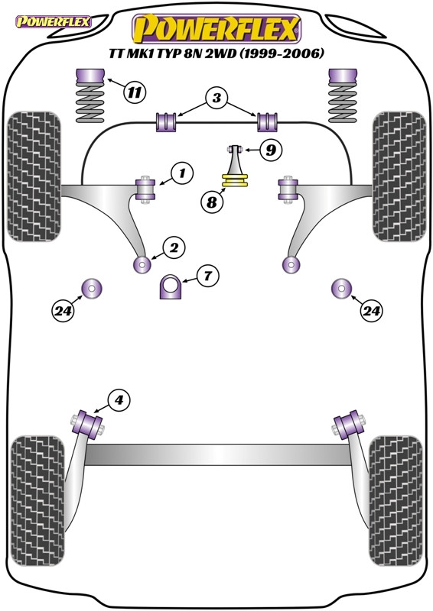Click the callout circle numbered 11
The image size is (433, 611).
135,92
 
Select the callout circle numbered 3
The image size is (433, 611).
216,98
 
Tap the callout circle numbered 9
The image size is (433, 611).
270,150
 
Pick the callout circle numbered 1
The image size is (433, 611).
182,173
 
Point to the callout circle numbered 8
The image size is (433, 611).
212,202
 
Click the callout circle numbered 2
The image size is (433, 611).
174,247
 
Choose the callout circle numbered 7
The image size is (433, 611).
207,276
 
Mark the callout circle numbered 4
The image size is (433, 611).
119,399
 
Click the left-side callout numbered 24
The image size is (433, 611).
63,311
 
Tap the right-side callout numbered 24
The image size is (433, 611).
371,311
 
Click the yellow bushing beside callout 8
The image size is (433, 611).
235,180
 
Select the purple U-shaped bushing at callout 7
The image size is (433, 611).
171,287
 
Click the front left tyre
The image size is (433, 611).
34,176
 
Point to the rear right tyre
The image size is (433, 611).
396,501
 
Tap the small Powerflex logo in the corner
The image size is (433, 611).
53,21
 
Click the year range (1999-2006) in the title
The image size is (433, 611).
281,53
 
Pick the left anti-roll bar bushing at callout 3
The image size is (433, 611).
167,121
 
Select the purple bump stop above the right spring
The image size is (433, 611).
343,76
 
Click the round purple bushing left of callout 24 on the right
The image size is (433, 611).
342,289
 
